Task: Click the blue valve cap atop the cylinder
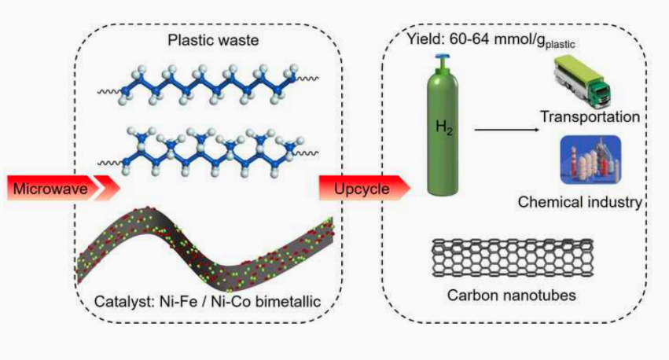tap(444, 58)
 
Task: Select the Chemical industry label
tap(580, 202)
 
